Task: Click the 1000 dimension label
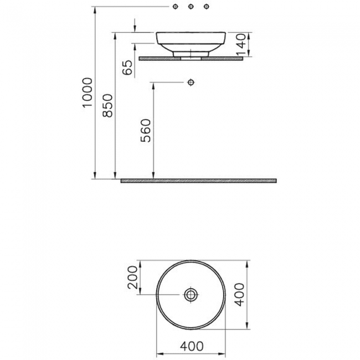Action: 88,92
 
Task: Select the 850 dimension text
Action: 107,106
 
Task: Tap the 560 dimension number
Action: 146,130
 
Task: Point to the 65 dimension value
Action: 127,68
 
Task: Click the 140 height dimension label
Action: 241,45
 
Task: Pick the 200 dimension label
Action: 132,277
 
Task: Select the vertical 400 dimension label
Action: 240,295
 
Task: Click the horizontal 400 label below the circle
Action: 192,346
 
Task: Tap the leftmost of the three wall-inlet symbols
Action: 175,7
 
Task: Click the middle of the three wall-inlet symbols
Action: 191,7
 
